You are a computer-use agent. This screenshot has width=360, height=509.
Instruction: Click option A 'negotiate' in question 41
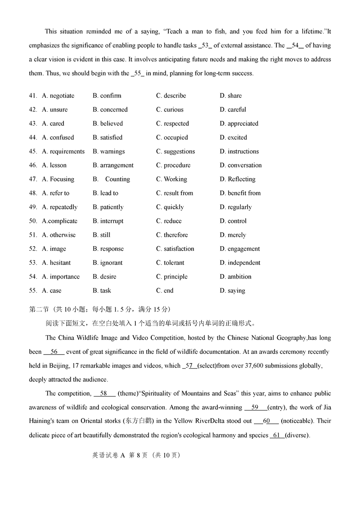coord(58,96)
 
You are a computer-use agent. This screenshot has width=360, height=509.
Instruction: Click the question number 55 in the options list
coord(33,291)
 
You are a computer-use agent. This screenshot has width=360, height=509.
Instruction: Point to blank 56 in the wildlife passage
coord(54,352)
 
